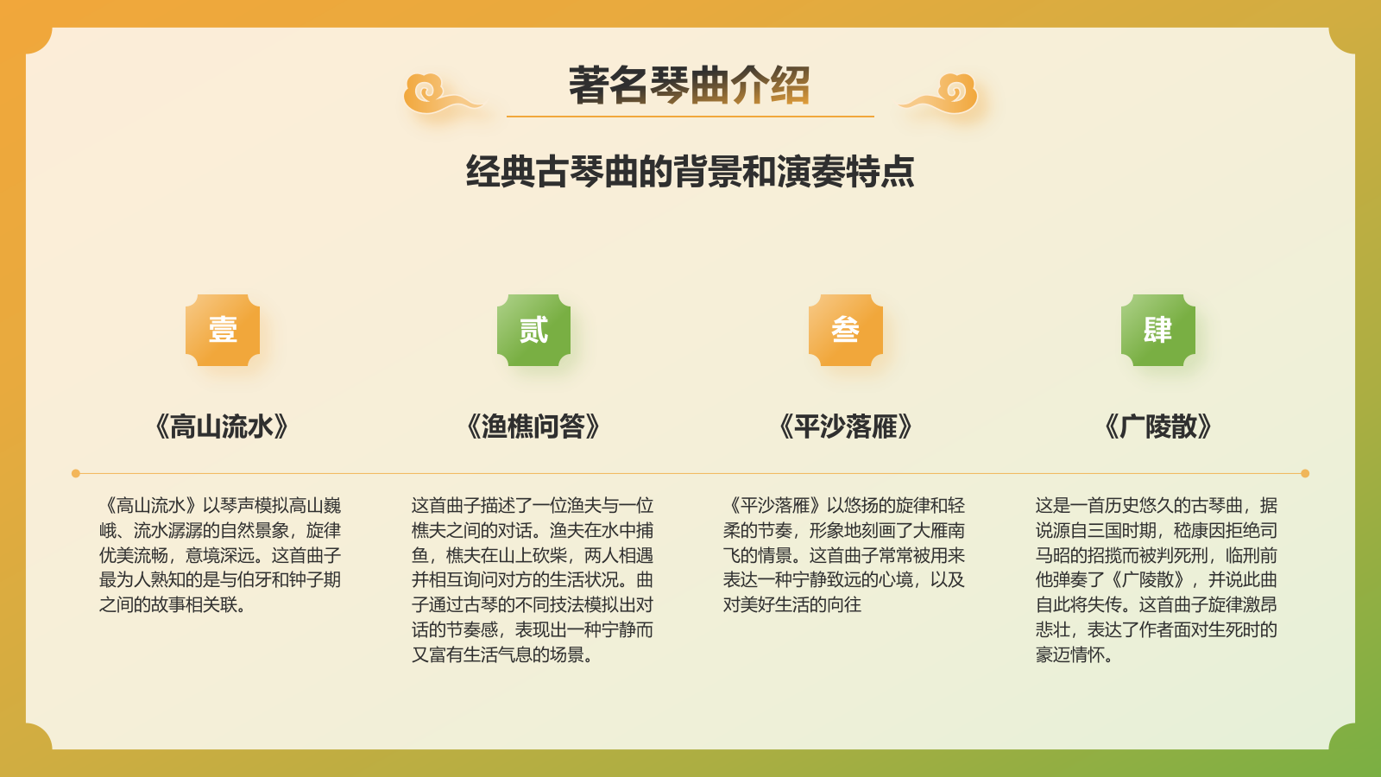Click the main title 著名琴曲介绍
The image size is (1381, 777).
point(689,85)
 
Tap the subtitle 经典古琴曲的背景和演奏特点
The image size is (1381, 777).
point(690,172)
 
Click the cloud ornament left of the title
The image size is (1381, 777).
point(437,95)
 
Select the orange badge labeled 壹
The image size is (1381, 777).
point(223,330)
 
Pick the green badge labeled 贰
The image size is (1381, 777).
point(533,330)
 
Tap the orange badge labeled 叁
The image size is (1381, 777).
point(846,330)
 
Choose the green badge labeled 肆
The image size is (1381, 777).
point(1157,330)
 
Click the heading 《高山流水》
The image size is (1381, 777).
point(221,426)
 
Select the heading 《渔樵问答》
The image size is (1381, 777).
point(533,426)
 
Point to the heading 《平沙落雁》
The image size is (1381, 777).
point(846,426)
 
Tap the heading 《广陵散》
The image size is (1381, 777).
point(1158,426)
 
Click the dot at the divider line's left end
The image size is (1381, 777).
point(76,473)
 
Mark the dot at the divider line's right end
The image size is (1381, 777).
point(1305,473)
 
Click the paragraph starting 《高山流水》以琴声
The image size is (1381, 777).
point(220,555)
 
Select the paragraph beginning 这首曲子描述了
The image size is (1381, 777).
point(533,580)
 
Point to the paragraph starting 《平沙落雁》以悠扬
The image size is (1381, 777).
point(844,555)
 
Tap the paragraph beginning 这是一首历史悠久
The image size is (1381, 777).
point(1157,580)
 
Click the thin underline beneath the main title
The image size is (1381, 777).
point(690,116)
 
